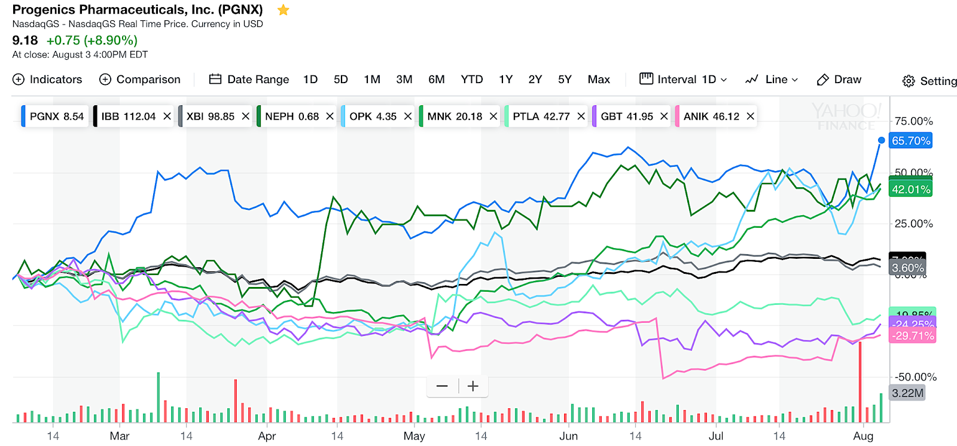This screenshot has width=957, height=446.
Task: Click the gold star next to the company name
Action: [x=284, y=10]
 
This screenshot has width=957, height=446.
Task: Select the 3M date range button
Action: [x=404, y=80]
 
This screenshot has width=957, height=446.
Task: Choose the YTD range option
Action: [x=471, y=80]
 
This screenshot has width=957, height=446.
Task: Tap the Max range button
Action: [x=598, y=80]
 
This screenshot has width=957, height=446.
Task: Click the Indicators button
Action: [x=47, y=80]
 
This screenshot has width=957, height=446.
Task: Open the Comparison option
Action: [x=139, y=80]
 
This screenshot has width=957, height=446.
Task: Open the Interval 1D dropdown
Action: [x=683, y=80]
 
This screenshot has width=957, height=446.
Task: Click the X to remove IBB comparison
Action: [x=167, y=116]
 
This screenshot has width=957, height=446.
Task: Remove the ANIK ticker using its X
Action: [x=750, y=116]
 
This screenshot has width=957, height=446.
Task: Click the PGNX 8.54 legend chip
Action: [x=56, y=116]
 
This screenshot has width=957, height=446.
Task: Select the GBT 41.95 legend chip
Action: [x=626, y=116]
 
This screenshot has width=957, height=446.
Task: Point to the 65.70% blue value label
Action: [x=910, y=141]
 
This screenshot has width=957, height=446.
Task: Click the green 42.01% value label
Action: [x=910, y=190]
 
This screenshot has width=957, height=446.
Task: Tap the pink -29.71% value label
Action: [x=913, y=336]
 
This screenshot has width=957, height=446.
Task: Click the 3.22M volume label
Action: [x=907, y=393]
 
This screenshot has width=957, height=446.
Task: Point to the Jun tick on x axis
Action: [x=568, y=436]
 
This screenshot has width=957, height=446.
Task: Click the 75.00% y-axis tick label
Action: [x=913, y=121]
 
